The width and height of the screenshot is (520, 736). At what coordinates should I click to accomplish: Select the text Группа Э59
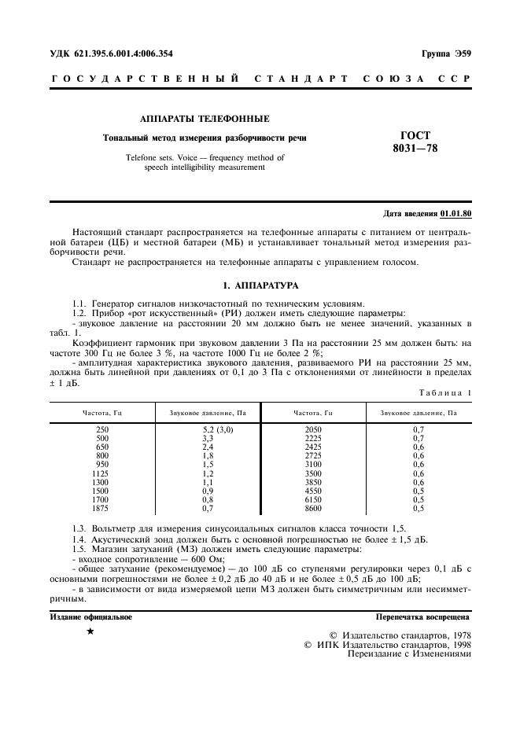444,53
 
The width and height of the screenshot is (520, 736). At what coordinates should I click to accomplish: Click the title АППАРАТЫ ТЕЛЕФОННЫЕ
205,119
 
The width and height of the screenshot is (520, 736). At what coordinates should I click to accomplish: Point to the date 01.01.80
455,213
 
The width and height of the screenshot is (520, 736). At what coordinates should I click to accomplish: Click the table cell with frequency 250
102,429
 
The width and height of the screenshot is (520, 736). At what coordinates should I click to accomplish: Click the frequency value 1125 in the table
102,474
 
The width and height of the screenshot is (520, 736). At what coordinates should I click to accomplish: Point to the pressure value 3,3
208,438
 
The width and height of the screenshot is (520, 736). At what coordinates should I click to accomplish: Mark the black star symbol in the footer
90,632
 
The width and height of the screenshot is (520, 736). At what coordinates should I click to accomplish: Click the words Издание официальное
91,617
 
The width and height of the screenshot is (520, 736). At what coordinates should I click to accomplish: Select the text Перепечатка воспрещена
423,617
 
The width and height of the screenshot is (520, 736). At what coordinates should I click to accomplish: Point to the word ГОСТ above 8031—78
415,135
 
